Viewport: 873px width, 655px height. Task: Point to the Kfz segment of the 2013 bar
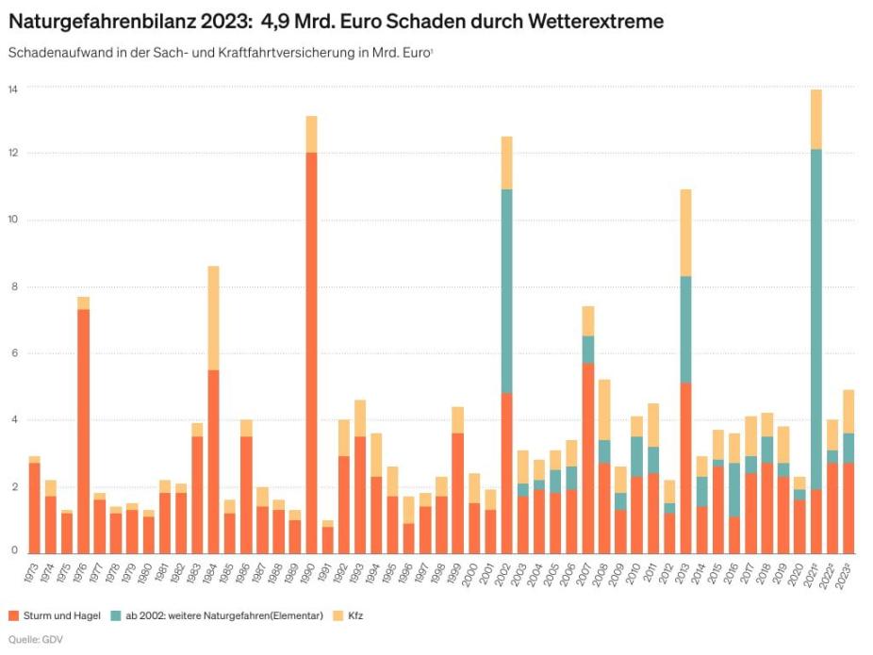tap(686, 232)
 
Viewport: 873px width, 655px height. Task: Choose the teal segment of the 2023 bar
tap(848, 448)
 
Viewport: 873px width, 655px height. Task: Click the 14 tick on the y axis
tap(13, 88)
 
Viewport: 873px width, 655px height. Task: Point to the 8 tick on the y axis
tap(13, 287)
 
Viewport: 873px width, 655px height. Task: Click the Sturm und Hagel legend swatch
tap(13, 615)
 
